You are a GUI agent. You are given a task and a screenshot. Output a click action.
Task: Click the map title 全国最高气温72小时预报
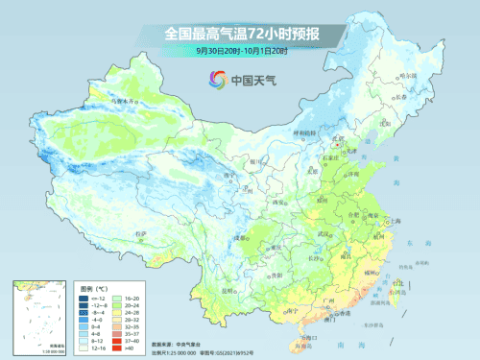[241, 35]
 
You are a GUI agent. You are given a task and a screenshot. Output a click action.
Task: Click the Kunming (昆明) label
[228, 290]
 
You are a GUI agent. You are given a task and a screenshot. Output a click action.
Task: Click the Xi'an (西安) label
[280, 204]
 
